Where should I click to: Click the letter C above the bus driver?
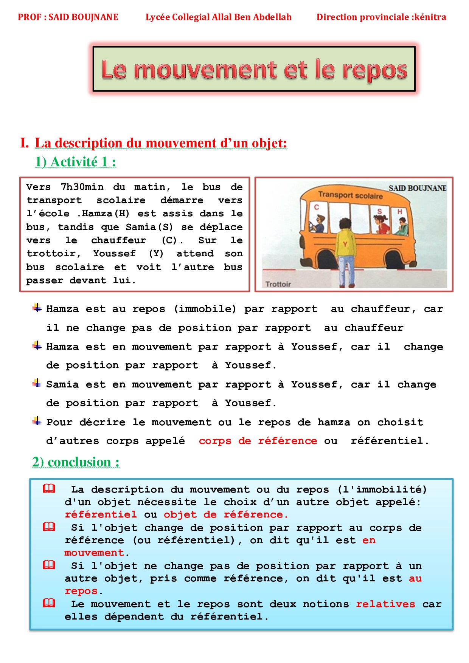[317, 207]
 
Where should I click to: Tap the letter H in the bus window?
[399, 212]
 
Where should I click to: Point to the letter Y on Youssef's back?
[345, 244]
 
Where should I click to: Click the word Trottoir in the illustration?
[278, 284]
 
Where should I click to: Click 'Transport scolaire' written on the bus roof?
[350, 195]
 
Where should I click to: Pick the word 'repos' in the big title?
[374, 70]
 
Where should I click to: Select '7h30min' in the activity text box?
[82, 187]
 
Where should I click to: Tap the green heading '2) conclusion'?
[76, 462]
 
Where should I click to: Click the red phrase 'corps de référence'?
[258, 441]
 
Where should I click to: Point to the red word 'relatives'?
[385, 604]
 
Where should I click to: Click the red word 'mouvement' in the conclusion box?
[94, 553]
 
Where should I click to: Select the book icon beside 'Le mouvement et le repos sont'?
[49, 603]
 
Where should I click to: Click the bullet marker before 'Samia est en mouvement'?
[37, 383]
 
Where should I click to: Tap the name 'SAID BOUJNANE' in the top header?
[84, 17]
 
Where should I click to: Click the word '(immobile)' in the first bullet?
[205, 309]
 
